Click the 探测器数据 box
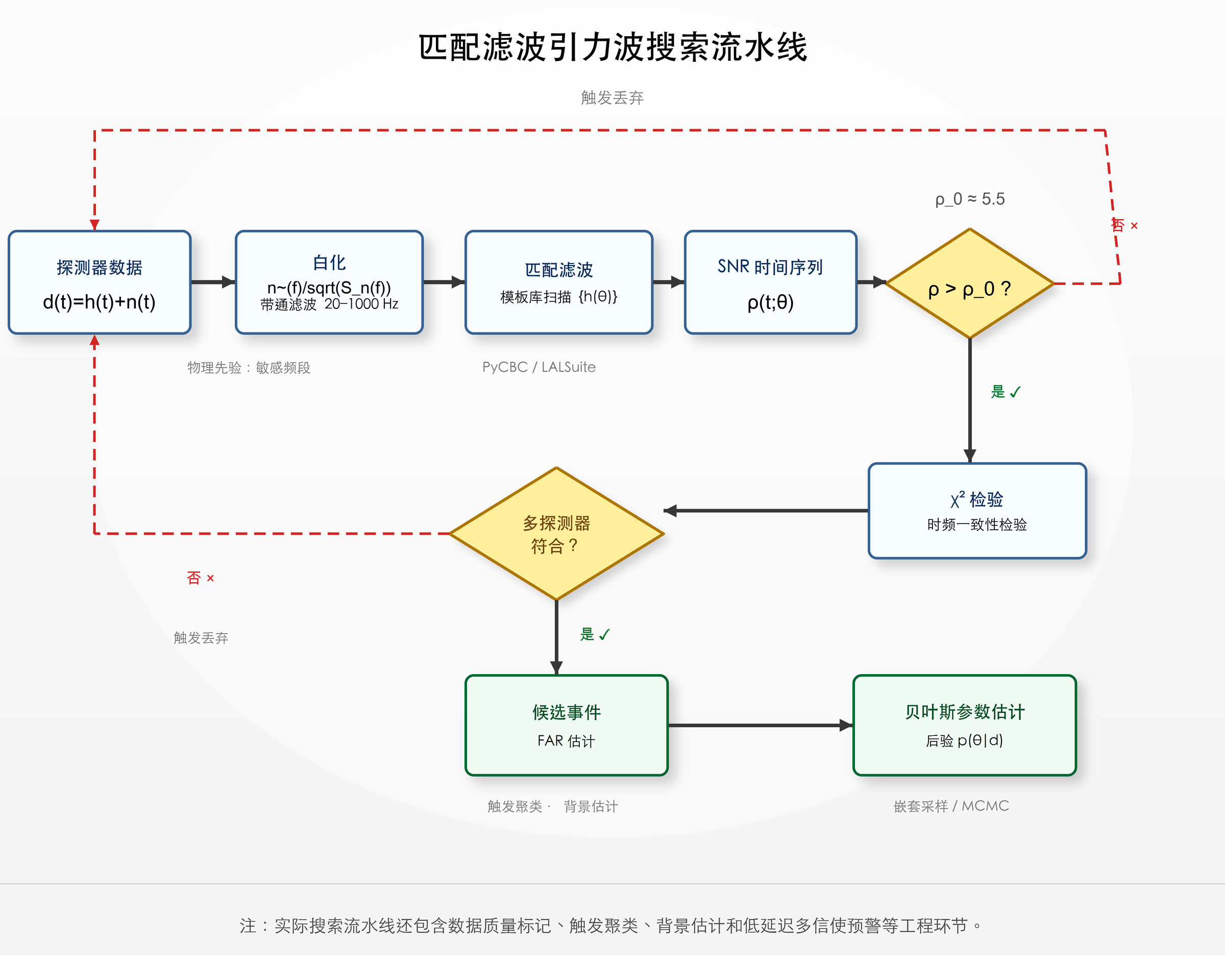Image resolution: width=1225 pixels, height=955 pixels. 100,282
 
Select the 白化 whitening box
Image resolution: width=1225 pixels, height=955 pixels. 329,282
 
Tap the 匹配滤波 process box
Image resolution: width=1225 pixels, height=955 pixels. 559,282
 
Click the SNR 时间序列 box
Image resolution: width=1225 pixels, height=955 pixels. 770,282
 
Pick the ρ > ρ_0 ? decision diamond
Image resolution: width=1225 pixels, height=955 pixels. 970,283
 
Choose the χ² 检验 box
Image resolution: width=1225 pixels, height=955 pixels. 977,511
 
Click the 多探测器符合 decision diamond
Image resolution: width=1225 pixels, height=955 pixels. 556,534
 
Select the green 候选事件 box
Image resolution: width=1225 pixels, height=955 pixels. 567,726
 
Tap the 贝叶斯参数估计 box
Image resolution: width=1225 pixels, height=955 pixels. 965,726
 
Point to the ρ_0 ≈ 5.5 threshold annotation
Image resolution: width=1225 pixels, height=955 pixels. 970,199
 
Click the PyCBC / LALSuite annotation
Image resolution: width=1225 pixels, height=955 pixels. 539,367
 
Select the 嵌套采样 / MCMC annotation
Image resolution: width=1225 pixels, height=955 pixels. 951,806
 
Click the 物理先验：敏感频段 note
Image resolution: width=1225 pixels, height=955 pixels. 249,368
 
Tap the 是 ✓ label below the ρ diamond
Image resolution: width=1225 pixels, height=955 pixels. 1006,392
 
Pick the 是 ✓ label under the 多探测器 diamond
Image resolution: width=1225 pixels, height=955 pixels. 595,634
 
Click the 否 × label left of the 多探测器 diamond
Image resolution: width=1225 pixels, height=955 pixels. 200,578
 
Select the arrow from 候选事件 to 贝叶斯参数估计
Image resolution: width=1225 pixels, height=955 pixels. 761,726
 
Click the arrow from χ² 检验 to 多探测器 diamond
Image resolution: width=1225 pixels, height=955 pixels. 766,511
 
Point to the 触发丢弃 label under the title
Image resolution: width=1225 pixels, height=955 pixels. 612,98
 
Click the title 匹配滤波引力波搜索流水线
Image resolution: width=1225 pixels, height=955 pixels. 612,46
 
